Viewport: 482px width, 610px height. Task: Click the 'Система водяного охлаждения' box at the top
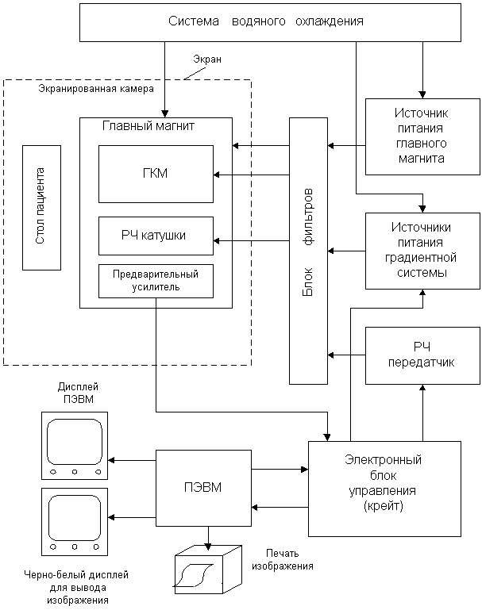pyautogui.click(x=270, y=21)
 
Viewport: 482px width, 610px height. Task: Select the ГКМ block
pyautogui.click(x=156, y=174)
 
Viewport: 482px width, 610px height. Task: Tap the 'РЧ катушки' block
pyautogui.click(x=156, y=236)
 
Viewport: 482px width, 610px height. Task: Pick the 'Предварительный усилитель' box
pyautogui.click(x=156, y=281)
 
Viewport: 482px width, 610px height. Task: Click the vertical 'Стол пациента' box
pyautogui.click(x=41, y=207)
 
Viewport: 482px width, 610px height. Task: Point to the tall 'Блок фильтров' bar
pyautogui.click(x=309, y=251)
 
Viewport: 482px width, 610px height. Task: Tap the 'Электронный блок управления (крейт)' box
pyautogui.click(x=384, y=488)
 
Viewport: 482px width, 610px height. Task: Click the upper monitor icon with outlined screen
pyautogui.click(x=75, y=445)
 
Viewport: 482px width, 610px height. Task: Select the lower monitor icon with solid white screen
pyautogui.click(x=75, y=520)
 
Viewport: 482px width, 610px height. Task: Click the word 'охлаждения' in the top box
pyautogui.click(x=337, y=21)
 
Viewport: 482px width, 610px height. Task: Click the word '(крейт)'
pyautogui.click(x=383, y=506)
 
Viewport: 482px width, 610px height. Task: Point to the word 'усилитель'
pyautogui.click(x=156, y=287)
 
